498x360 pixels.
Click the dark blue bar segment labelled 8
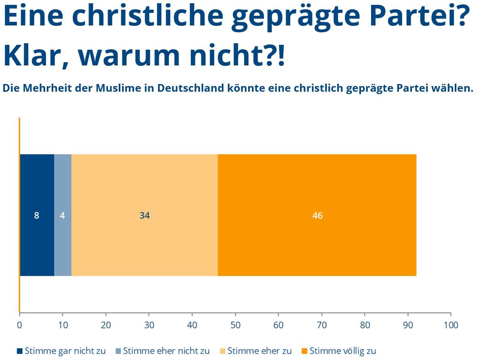point(37,215)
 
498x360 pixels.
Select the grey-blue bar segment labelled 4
point(63,215)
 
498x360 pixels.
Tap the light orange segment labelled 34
point(144,215)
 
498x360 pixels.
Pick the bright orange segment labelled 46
point(317,215)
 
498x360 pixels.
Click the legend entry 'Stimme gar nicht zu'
point(61,351)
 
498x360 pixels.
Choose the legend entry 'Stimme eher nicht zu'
point(162,351)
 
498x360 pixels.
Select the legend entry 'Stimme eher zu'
point(255,351)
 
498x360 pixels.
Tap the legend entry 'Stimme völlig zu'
point(339,351)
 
